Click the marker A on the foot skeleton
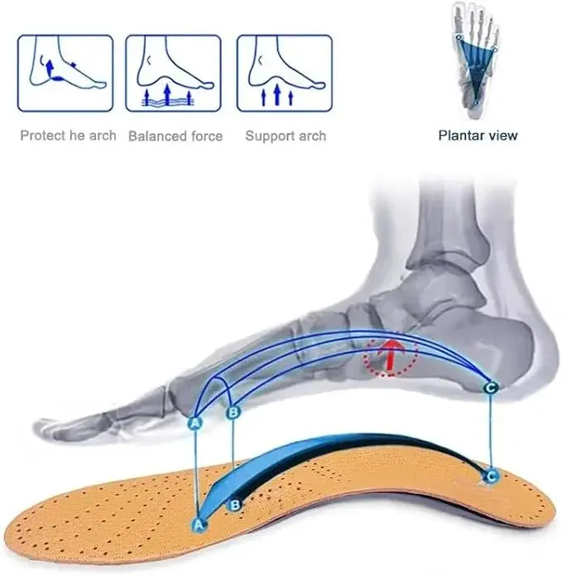(195, 424)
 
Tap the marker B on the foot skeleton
(233, 413)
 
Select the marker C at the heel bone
(491, 388)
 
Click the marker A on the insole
(199, 525)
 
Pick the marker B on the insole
(234, 506)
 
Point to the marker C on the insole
(491, 477)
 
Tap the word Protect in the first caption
(43, 136)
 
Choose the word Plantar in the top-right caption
(460, 136)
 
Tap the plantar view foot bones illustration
(475, 60)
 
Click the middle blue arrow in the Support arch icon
(277, 94)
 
